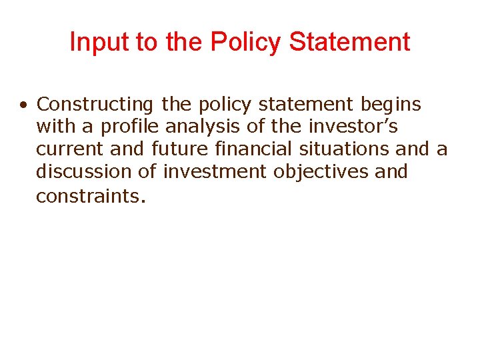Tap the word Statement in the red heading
[350, 42]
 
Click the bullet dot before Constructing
[23, 105]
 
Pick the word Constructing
[95, 105]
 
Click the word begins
[391, 105]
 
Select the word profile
[130, 127]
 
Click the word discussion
[84, 172]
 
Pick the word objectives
[321, 172]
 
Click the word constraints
[90, 196]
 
